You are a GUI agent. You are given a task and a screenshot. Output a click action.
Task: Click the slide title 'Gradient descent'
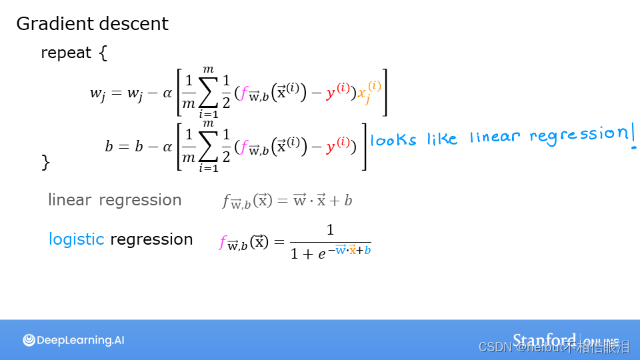click(92, 24)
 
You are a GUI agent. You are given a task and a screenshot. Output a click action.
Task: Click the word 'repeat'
click(66, 53)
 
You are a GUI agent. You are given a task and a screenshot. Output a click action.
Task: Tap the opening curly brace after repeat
click(103, 53)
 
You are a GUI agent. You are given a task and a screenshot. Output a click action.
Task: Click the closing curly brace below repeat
click(45, 162)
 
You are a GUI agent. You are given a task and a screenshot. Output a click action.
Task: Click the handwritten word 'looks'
click(393, 140)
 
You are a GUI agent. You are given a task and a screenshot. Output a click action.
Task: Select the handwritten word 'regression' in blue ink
click(577, 134)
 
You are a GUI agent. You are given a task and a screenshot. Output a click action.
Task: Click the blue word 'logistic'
click(76, 239)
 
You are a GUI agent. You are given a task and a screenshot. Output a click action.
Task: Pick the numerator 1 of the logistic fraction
click(330, 230)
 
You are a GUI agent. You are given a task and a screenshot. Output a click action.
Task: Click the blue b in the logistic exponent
click(367, 251)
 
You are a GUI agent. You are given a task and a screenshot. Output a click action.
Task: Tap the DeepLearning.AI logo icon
click(29, 340)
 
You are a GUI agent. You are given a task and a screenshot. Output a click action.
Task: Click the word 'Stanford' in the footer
click(544, 339)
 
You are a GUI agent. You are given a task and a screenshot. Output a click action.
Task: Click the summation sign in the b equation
click(209, 146)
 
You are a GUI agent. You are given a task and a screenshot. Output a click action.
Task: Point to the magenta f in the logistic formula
click(223, 243)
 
